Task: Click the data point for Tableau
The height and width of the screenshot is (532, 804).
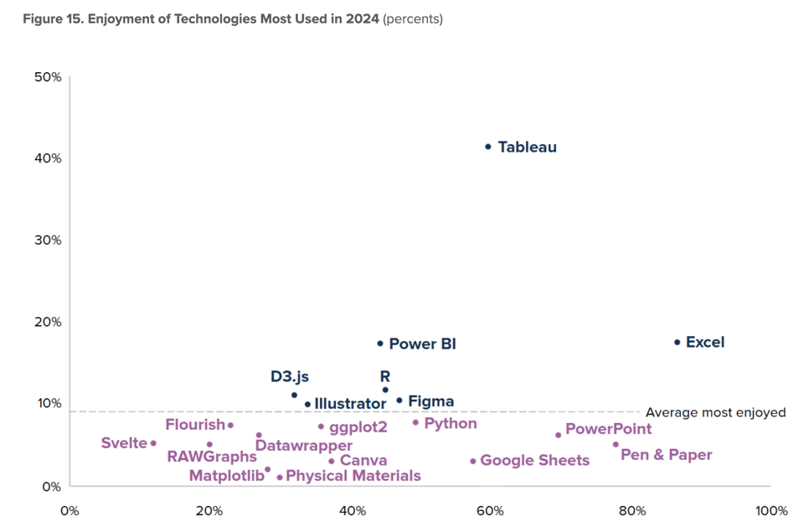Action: tap(488, 147)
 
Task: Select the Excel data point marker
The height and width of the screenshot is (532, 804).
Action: tap(678, 342)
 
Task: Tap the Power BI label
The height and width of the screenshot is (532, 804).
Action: tap(422, 344)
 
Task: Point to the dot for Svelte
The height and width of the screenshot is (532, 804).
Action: tap(153, 443)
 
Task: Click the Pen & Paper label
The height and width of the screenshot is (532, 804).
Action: tap(666, 455)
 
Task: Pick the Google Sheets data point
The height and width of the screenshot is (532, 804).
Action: tap(473, 461)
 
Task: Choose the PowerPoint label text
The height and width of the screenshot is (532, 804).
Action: tap(608, 430)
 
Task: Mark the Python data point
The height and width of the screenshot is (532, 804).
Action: tap(415, 422)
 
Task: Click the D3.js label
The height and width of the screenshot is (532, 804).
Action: tap(289, 377)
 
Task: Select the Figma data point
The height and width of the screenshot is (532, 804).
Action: tap(399, 400)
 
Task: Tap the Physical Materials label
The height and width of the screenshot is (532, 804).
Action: tap(353, 476)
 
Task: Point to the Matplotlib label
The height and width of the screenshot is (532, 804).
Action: tap(224, 476)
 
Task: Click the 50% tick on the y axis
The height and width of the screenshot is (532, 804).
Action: tap(48, 77)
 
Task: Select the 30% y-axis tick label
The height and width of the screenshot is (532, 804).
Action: tap(48, 240)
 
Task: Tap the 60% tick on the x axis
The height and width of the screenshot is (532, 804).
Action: tap(490, 511)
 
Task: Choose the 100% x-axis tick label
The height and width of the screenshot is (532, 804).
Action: tap(770, 511)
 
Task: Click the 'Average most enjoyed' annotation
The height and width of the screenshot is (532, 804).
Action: tap(715, 412)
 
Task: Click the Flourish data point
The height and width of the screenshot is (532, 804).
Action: tap(230, 426)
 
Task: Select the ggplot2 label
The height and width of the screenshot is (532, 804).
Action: tap(358, 427)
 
